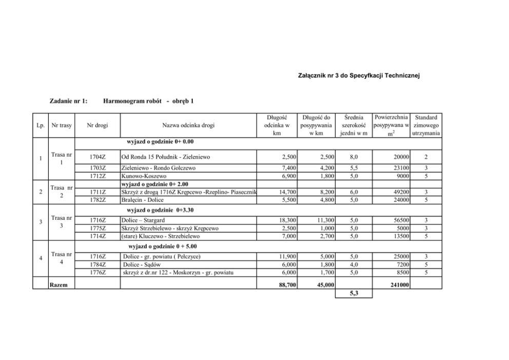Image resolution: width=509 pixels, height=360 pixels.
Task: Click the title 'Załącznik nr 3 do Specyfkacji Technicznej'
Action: click(359, 76)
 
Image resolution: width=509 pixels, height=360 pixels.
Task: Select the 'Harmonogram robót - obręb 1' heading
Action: click(148, 101)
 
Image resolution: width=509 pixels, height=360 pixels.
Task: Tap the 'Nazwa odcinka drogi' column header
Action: click(188, 125)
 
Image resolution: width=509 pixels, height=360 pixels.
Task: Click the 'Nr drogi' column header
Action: click(97, 125)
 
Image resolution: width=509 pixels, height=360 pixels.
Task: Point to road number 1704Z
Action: click(97, 157)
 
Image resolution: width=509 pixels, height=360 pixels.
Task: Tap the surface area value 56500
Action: click(400, 220)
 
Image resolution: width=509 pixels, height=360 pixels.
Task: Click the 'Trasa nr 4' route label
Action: click(62, 258)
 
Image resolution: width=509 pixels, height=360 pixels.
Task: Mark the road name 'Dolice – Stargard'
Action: click(144, 220)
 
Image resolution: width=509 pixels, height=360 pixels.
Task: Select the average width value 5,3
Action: click(354, 294)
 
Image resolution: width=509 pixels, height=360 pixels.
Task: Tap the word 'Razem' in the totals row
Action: click(58, 284)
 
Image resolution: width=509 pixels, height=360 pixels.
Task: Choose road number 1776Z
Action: click(97, 272)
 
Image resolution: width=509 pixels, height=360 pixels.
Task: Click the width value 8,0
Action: click(354, 157)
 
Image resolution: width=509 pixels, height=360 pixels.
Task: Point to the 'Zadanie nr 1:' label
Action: click(69, 101)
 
